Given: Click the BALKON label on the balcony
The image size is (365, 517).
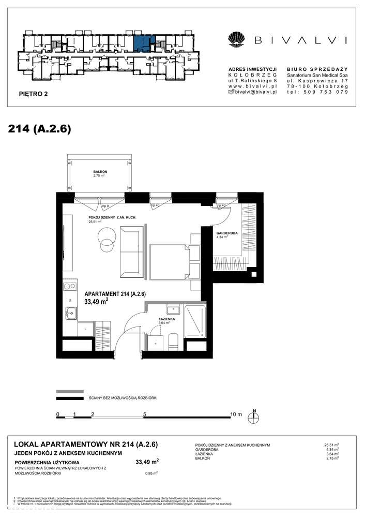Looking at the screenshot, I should click(100, 171).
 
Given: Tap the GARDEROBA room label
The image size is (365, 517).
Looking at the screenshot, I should click(227, 233).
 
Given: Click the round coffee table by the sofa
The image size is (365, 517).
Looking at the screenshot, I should click(107, 240).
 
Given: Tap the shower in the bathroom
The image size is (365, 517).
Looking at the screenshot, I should click(194, 321).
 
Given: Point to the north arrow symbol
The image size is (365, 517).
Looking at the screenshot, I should click(254, 416).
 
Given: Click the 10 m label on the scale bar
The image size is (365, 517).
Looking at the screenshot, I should click(235, 414).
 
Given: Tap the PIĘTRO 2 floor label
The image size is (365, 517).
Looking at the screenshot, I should click(33, 95).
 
